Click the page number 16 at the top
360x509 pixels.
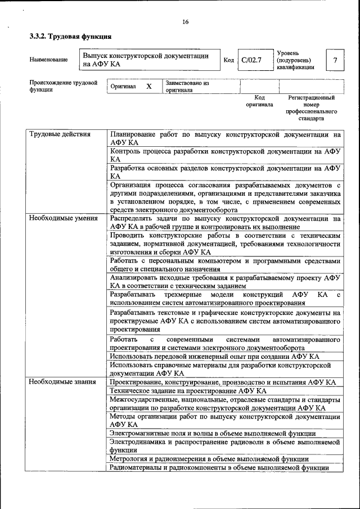tap(185, 22)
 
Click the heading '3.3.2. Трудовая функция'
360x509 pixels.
tap(70, 37)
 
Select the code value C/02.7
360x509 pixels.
tap(251, 60)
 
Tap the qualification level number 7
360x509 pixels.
tap(335, 60)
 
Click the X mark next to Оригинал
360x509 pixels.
tap(149, 87)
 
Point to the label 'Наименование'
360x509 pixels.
tap(48, 60)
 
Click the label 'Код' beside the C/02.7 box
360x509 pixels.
tap(228, 60)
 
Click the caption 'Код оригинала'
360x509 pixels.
tap(259, 101)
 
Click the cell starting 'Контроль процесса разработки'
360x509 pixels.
tap(225, 155)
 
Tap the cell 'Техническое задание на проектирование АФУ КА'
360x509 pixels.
tap(188, 391)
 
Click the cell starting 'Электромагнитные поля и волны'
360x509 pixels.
tap(213, 434)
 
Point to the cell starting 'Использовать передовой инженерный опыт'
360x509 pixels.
tap(214, 357)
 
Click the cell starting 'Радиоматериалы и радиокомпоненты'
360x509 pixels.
tap(219, 467)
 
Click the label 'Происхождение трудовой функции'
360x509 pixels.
tap(63, 86)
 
